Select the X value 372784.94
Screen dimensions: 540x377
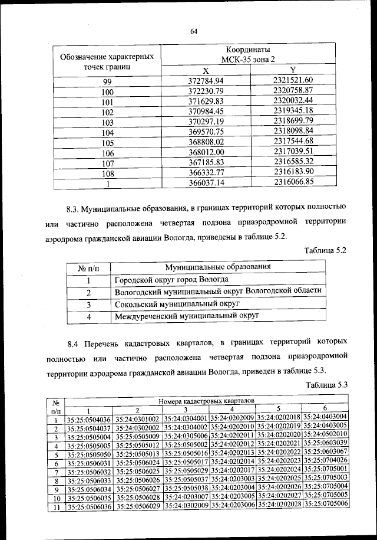pyautogui.click(x=206, y=80)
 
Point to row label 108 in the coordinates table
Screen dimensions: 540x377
pyautogui.click(x=107, y=174)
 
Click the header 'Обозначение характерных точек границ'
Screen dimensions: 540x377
pyautogui.click(x=107, y=62)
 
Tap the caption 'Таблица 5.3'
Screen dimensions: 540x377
pyautogui.click(x=327, y=385)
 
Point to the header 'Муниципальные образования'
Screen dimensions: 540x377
pyautogui.click(x=217, y=267)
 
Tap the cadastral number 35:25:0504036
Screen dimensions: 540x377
pyautogui.click(x=89, y=419)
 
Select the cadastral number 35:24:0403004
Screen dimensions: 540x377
pyautogui.click(x=326, y=417)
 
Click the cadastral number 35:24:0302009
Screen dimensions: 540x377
pyautogui.click(x=186, y=506)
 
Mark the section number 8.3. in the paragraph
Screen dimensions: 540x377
pyautogui.click(x=72, y=208)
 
